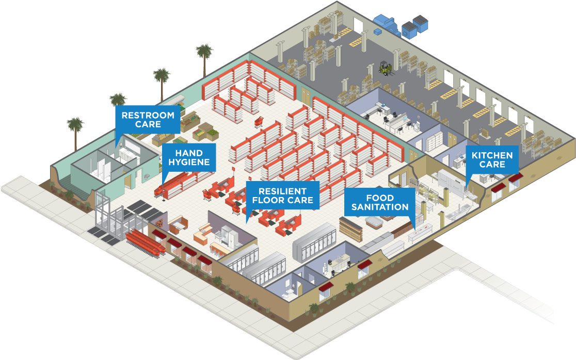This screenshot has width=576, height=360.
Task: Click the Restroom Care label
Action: [x=148, y=120]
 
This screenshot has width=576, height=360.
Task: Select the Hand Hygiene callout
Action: [x=188, y=157]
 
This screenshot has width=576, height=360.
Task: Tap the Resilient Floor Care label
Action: [x=282, y=195]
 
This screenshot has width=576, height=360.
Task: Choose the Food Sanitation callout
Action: [x=380, y=202]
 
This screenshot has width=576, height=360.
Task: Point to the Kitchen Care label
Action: [x=492, y=159]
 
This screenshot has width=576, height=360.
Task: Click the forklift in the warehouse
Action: [x=386, y=68]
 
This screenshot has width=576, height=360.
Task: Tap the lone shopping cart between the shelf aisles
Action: [x=258, y=122]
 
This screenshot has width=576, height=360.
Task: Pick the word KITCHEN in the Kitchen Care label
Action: [x=492, y=155]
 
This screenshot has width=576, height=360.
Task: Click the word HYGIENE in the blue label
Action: [x=188, y=162]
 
